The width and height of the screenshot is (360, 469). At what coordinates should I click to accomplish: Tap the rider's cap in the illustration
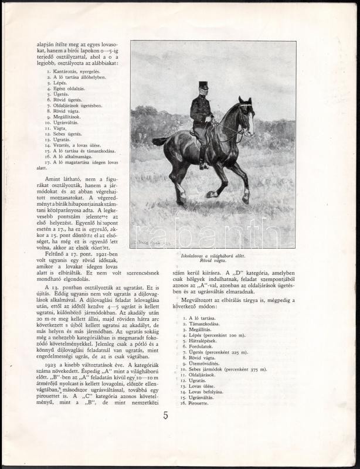[x=203, y=85]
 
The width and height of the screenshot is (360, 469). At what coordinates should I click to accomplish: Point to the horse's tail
[x=160, y=141]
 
